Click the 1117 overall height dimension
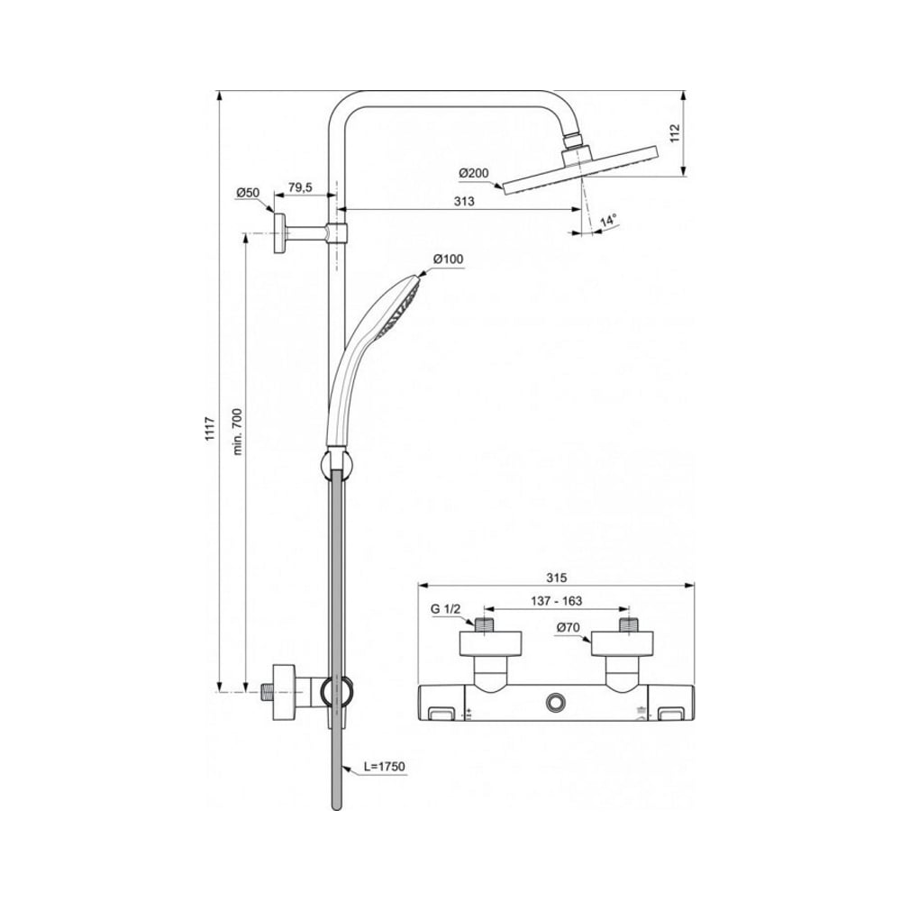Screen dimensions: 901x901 (210, 429)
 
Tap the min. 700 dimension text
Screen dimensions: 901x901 (237, 432)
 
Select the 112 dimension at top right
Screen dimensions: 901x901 (675, 132)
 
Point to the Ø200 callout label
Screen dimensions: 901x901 (474, 173)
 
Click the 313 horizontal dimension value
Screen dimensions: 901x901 (464, 201)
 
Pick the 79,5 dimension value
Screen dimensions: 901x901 (300, 187)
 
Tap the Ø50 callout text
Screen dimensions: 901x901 (249, 193)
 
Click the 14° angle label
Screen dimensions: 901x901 (608, 220)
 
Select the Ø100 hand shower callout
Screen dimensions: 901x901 (448, 259)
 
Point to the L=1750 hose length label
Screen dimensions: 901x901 (385, 767)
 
